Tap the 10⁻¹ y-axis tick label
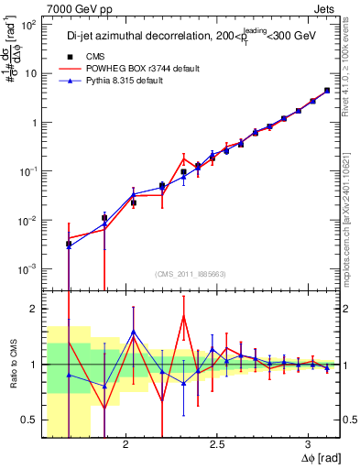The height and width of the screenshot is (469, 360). click(28, 171)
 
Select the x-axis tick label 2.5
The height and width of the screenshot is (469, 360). click(217, 444)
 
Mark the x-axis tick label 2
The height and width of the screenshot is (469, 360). click(125, 444)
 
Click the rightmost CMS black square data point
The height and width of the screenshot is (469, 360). click(327, 91)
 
